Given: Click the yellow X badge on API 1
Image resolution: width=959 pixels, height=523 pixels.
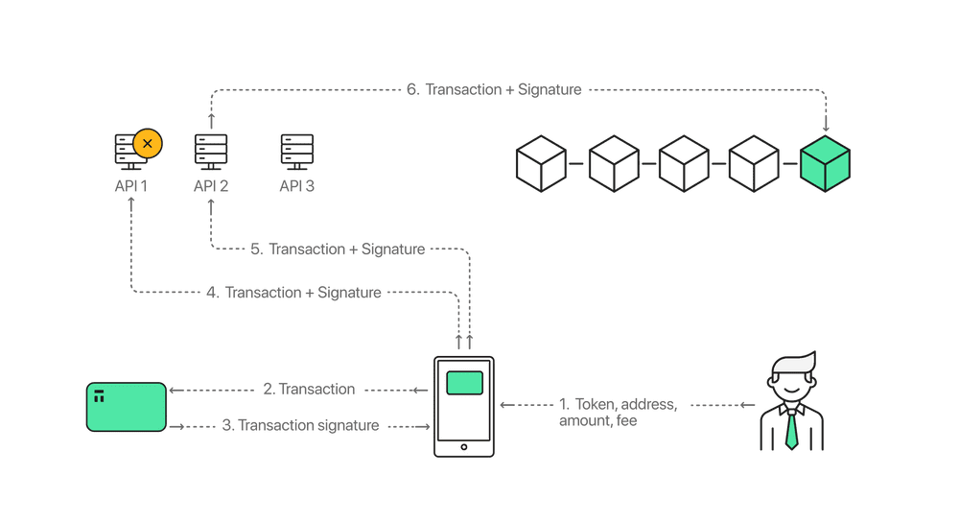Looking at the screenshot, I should [x=147, y=143].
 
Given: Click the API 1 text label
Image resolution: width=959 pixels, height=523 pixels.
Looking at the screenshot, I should [x=130, y=185].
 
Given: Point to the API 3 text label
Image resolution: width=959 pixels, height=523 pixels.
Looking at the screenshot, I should [x=296, y=185].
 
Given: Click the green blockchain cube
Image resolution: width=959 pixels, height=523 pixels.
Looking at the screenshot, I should [x=825, y=163].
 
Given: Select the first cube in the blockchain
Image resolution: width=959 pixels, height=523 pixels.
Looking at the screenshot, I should [x=541, y=163].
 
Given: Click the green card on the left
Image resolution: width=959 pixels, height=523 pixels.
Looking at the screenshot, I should [x=126, y=407].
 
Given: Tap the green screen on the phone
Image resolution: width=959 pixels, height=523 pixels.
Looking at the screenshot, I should [x=464, y=382].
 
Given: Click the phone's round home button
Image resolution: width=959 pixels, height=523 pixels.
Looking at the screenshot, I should [x=464, y=446].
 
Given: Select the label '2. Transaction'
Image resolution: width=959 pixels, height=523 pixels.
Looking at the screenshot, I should [x=309, y=390].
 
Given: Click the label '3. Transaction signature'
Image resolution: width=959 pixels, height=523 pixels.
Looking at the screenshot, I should [x=300, y=425].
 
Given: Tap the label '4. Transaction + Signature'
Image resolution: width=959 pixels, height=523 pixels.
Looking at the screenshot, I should [x=293, y=292].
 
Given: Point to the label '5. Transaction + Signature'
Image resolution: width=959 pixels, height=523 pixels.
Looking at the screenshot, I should [x=337, y=249].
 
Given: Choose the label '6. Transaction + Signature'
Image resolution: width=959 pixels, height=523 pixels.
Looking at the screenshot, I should [x=494, y=90].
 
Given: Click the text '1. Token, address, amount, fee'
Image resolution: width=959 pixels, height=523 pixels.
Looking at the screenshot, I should [x=618, y=412].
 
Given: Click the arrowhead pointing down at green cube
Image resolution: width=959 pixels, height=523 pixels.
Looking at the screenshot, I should [x=826, y=126].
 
